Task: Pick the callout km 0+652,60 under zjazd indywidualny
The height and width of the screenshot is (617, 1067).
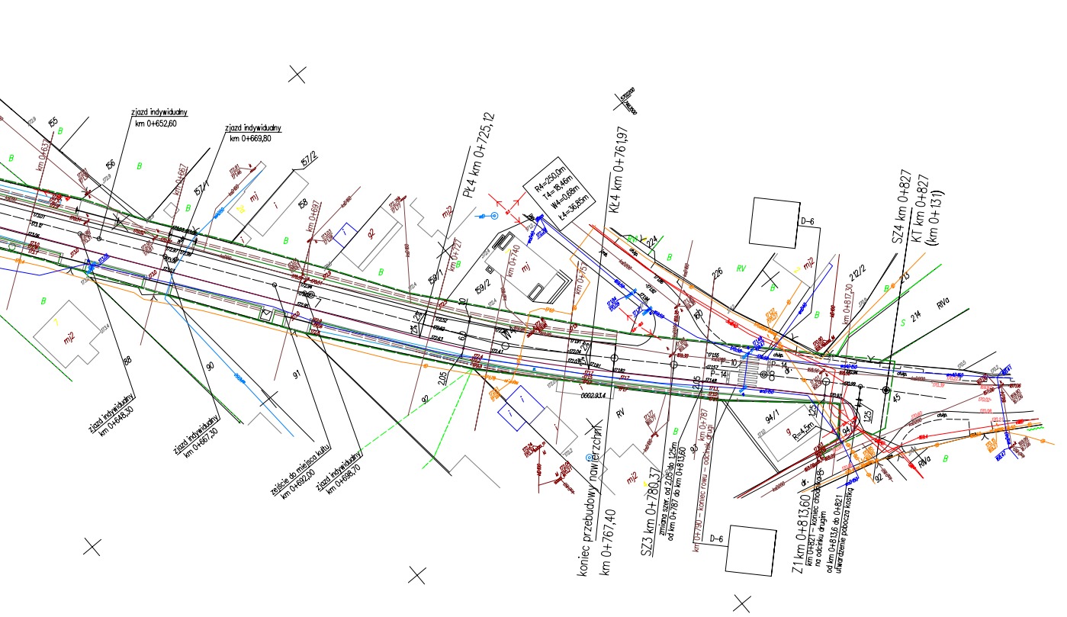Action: [156, 124]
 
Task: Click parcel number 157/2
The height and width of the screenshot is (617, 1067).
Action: [308, 159]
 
